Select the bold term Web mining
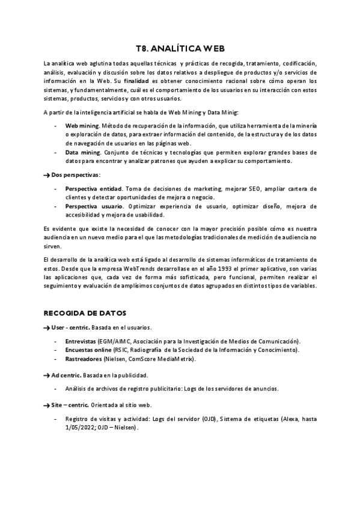(82, 126)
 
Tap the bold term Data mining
(82, 153)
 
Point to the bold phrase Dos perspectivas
(75, 174)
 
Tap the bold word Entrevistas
(81, 341)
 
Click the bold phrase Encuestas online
(88, 350)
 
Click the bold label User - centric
(70, 328)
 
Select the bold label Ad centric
(67, 375)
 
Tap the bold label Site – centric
(70, 406)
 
